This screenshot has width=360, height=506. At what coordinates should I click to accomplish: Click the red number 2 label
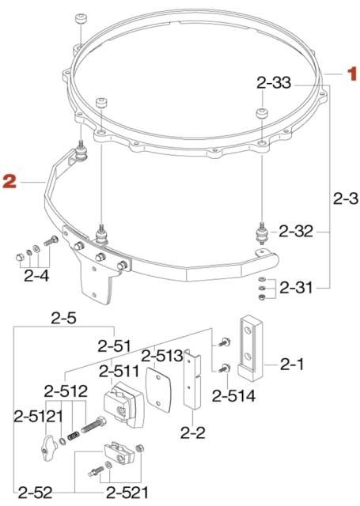(9, 182)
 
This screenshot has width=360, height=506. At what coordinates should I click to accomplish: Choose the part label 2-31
(298, 289)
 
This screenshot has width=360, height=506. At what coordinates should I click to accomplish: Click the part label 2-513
(164, 355)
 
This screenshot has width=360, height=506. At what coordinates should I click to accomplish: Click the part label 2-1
(297, 364)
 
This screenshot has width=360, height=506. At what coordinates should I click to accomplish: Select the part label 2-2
(194, 432)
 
